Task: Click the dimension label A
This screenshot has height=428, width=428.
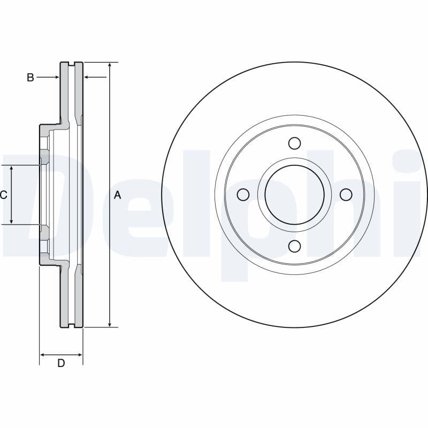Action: pos(118,196)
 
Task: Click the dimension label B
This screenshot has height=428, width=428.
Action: pos(30,78)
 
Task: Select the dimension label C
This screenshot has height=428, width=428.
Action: pos(3,195)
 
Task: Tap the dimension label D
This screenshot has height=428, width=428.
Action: pos(61,363)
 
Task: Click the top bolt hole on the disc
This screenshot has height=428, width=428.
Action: pos(294,143)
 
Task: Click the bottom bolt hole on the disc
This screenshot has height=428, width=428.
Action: pos(294,246)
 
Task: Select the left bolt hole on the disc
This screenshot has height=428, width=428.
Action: pos(243,194)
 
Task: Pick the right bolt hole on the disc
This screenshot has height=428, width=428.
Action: pos(346,194)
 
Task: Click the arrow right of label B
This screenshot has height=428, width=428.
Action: pos(55,78)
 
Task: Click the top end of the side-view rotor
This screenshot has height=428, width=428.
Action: pos(71,64)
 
